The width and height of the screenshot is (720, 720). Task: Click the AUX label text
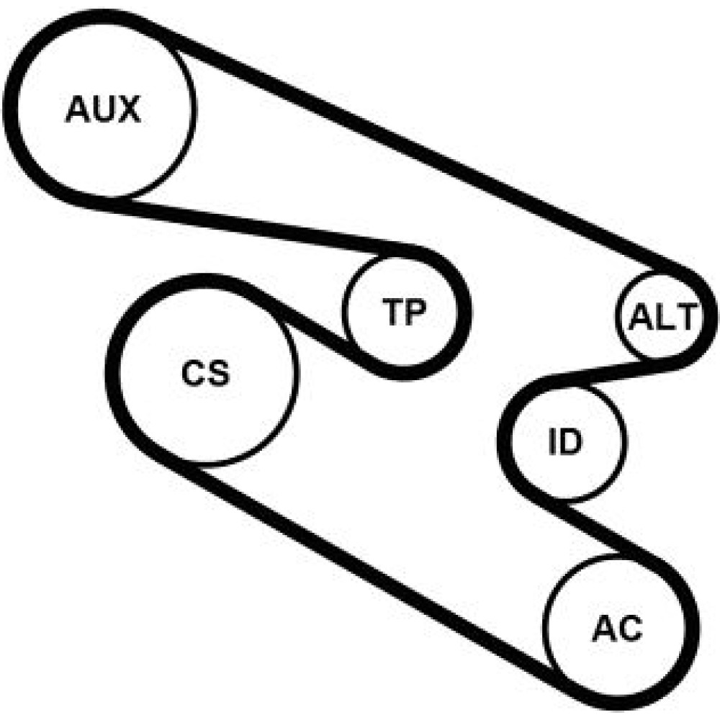103,109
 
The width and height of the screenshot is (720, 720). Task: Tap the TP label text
404,312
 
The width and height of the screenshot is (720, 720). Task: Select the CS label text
205,372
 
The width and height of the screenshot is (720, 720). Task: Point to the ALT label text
662,317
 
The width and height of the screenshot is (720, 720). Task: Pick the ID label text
565,442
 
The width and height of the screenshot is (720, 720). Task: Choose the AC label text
617,629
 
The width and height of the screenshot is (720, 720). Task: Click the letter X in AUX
129,109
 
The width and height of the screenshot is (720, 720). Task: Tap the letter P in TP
416,312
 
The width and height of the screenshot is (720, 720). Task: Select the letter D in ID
571,442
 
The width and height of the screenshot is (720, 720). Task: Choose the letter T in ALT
686,317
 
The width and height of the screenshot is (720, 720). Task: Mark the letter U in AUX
103,109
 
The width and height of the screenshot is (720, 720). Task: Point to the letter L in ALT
664,317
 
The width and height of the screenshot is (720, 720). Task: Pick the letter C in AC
631,629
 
